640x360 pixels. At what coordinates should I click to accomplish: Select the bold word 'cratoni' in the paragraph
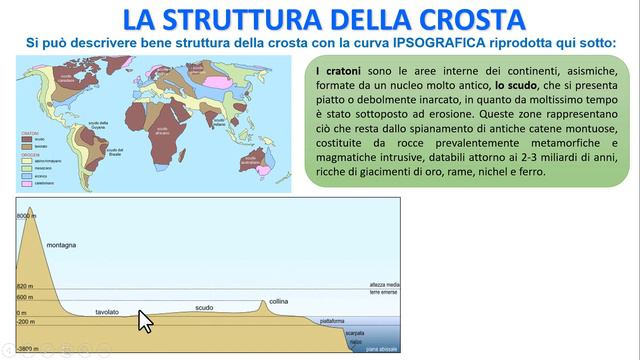pos(340,75)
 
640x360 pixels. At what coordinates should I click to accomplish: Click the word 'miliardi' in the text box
pos(554,171)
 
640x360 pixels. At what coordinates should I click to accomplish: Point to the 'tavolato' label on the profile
pos(107,312)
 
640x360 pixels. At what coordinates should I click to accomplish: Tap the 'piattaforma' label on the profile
pos(333,321)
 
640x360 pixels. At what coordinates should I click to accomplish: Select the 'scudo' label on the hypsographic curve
pos(204,308)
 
